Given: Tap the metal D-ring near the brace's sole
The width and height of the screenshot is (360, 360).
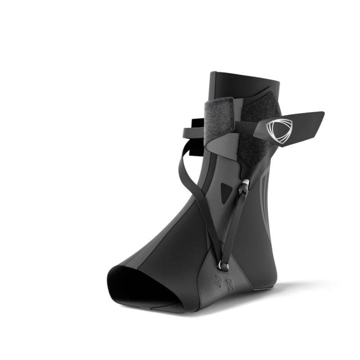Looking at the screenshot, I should tap(224, 266).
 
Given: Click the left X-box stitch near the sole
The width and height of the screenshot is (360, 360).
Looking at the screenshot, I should tap(218, 281).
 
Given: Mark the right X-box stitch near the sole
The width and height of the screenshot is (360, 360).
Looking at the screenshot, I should tap(229, 284).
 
